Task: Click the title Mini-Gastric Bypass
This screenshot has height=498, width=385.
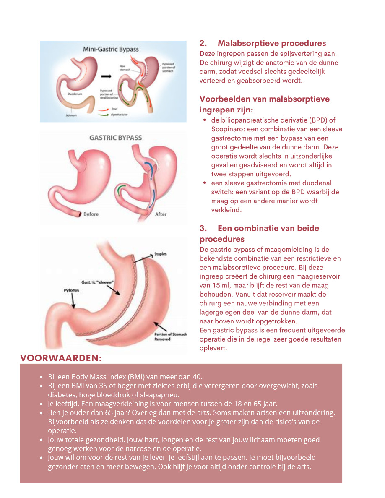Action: coord(111,49)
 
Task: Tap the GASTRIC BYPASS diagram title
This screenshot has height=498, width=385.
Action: coord(116,138)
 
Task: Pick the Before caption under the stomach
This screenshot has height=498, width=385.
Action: coord(91,214)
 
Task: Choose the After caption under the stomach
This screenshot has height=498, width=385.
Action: coord(161,214)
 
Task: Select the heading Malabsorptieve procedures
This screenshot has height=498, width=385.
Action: coord(272,44)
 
